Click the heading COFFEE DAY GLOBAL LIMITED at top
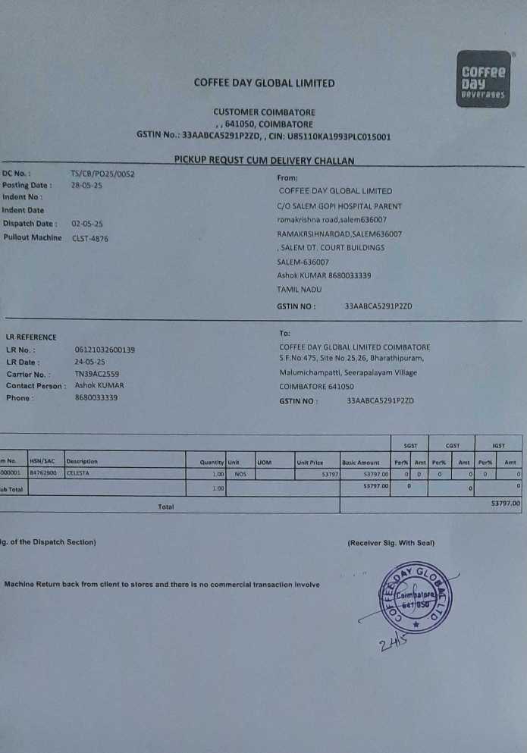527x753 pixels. coord(264,83)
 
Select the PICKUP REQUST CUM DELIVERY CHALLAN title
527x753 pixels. coord(264,160)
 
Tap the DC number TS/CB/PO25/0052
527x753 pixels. coord(102,174)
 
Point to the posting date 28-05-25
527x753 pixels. coord(86,185)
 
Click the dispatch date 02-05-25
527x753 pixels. coord(87,224)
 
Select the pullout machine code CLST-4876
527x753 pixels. coord(90,237)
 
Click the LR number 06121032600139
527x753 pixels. coord(105,350)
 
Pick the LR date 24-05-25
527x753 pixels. coord(90,362)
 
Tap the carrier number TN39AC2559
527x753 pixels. coord(97,374)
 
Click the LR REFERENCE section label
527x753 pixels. coord(31,337)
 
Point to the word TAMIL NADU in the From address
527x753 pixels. coord(300,289)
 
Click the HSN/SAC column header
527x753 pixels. coord(42,461)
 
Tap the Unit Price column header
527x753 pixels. coord(310,462)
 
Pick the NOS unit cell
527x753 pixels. coord(241,473)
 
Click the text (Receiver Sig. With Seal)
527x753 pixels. coord(391,543)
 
